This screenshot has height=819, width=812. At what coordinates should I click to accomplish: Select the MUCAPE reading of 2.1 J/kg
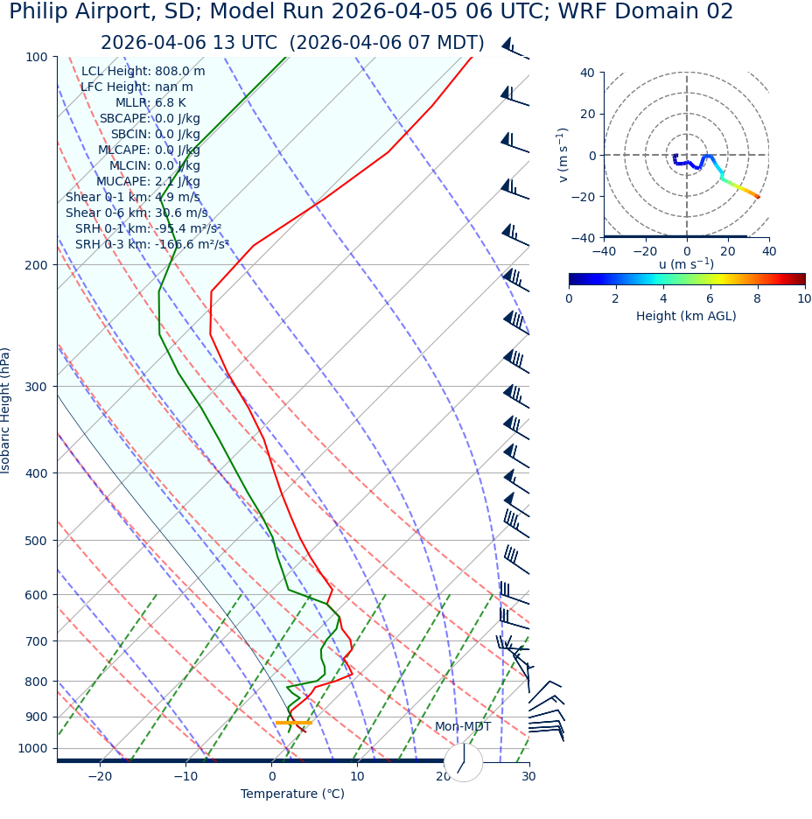[x=148, y=181]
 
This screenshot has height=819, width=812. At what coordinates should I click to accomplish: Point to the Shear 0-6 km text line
[x=136, y=213]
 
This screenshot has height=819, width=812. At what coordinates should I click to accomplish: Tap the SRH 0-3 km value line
[x=151, y=244]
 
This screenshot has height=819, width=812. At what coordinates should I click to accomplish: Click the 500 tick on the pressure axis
[x=36, y=541]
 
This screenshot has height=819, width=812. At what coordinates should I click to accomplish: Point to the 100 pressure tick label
[x=36, y=57]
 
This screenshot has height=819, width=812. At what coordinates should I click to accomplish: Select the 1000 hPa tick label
[x=32, y=748]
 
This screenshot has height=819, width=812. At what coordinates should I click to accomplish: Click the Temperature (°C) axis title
[x=292, y=794]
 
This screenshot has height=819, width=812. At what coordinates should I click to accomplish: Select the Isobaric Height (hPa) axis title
[x=6, y=410]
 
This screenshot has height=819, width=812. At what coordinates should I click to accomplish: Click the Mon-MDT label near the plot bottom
[x=463, y=727]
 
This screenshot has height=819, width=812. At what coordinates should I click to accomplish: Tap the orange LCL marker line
[x=293, y=723]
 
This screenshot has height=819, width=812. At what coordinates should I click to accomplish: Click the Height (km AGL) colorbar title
[x=686, y=316]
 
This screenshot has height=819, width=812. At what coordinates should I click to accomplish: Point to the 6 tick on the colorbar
[x=710, y=298]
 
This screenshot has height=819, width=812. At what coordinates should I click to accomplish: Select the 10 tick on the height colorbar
[x=804, y=298]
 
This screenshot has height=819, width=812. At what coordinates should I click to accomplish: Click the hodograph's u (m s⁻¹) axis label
[x=686, y=264]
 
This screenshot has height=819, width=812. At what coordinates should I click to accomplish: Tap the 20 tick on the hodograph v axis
[x=586, y=114]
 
